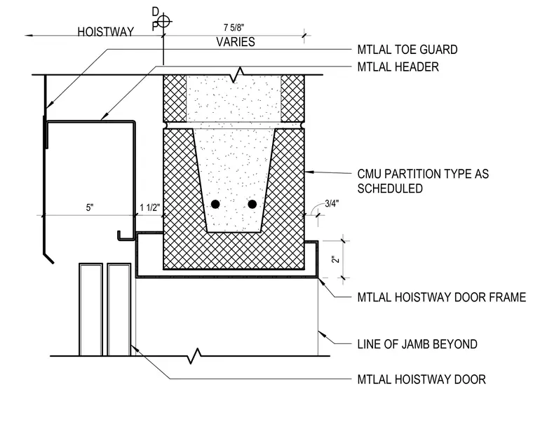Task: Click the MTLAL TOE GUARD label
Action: (407, 50)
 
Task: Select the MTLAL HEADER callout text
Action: (398, 67)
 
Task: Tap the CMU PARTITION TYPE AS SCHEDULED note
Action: (423, 181)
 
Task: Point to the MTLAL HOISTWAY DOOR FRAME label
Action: (442, 297)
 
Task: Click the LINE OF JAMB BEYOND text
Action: (417, 344)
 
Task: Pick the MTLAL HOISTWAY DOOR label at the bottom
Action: (421, 379)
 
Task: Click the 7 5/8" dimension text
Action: (234, 27)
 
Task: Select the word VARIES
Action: (236, 42)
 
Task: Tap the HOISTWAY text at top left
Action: (106, 32)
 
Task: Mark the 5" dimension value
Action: (89, 207)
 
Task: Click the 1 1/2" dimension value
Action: (149, 207)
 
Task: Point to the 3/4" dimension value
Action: (332, 203)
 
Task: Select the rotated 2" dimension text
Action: (336, 259)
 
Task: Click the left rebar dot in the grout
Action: (215, 204)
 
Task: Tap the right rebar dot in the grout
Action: (252, 204)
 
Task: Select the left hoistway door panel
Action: (90, 310)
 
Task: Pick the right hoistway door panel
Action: (119, 310)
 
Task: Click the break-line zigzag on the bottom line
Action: (194, 356)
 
